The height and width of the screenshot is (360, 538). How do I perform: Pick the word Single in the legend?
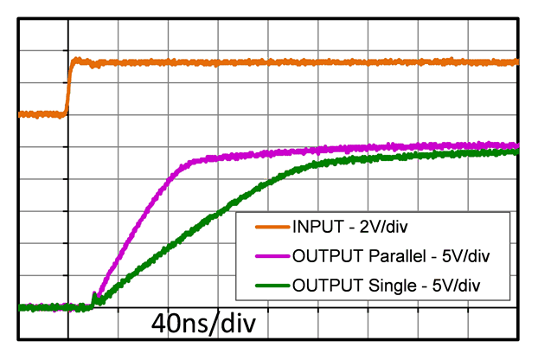click(x=383, y=284)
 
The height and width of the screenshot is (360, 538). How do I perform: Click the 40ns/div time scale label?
click(x=204, y=325)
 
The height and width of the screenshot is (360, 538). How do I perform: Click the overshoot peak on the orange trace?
click(x=76, y=59)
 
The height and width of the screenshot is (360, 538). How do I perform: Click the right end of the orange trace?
click(x=516, y=61)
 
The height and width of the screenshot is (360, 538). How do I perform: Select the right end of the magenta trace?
click(x=516, y=145)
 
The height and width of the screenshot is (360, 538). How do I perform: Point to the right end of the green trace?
click(x=516, y=151)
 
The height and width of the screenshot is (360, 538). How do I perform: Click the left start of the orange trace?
click(x=20, y=113)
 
